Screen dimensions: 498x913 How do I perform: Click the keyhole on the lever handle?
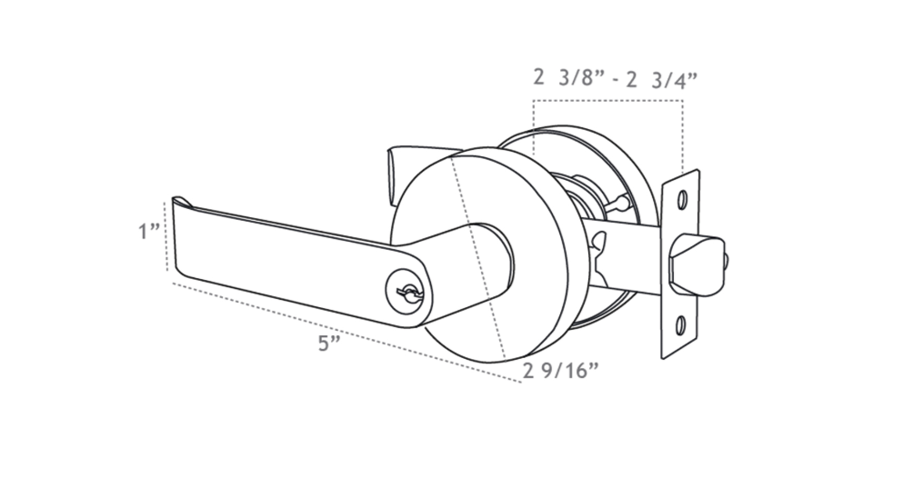pyautogui.click(x=403, y=291)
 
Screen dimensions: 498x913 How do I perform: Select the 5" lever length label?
pyautogui.click(x=330, y=344)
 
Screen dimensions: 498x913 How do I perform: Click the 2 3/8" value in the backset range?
pyautogui.click(x=568, y=79)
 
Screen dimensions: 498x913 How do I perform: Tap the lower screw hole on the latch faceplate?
pyautogui.click(x=682, y=325)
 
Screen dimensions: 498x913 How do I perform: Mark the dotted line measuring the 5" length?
pyautogui.click(x=346, y=332)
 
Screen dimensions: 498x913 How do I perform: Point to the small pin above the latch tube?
pyautogui.click(x=620, y=201)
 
